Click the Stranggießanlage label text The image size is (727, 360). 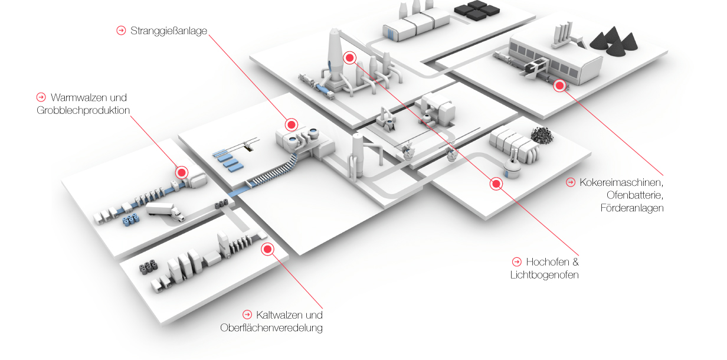click(x=169, y=31)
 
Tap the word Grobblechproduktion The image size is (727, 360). click(x=83, y=110)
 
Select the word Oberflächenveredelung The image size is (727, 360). click(x=271, y=328)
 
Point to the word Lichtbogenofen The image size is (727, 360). click(x=544, y=275)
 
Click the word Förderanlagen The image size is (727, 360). click(x=632, y=208)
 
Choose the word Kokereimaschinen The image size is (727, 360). click(x=621, y=182)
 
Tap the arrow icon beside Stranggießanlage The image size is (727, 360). click(x=122, y=30)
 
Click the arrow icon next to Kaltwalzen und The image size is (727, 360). click(x=247, y=315)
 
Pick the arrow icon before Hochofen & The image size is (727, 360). click(x=516, y=261)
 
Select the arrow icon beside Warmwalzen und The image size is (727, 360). click(x=41, y=97)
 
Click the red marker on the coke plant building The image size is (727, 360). click(x=559, y=86)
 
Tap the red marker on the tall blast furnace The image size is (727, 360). click(x=349, y=58)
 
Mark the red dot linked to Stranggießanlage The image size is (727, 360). click(x=291, y=125)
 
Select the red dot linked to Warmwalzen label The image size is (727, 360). click(x=182, y=173)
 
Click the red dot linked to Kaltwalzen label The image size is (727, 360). click(x=267, y=250)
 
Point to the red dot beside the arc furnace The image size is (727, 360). click(x=496, y=184)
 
